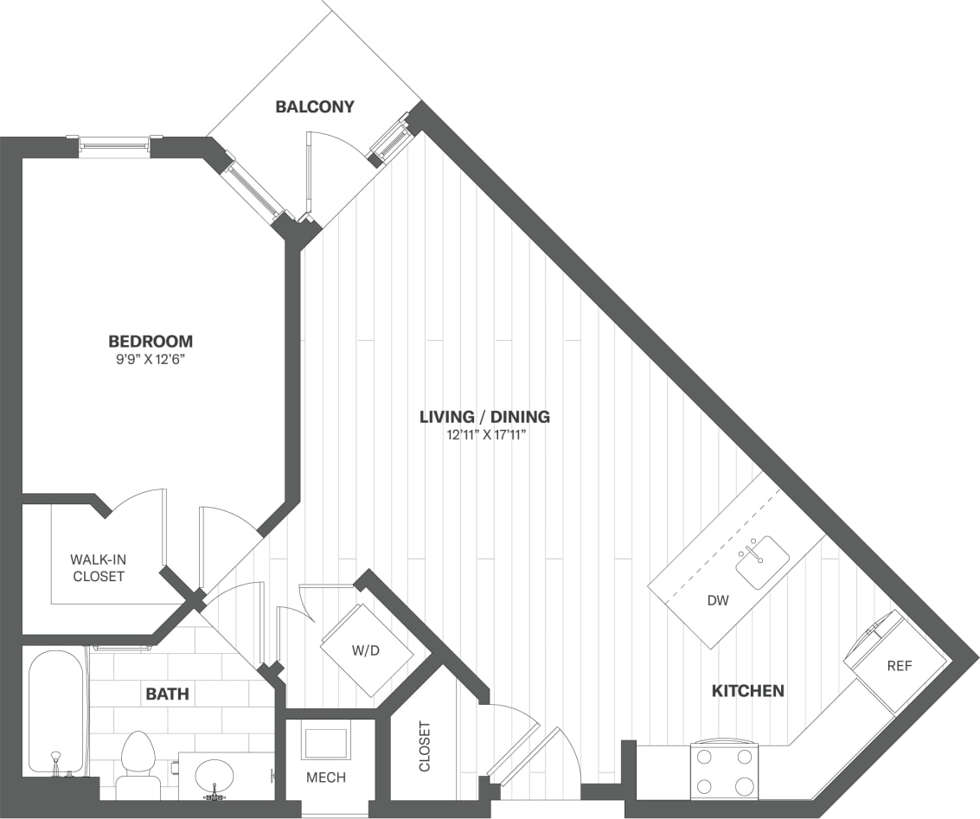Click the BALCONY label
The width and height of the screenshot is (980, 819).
315,107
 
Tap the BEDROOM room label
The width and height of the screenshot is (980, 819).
151,341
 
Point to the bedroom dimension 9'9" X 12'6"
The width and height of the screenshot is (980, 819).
151,359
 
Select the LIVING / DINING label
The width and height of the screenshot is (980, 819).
484,417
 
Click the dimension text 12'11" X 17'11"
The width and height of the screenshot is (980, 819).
484,435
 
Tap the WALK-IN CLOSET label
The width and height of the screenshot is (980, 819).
98,567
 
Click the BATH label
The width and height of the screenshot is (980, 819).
167,694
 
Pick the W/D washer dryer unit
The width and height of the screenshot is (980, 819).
367,650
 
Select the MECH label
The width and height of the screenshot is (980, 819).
326,777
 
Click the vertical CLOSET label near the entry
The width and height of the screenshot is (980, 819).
424,746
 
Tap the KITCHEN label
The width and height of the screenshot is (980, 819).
747,691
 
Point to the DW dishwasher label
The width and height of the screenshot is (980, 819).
715,599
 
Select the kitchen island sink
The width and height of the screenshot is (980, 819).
762,561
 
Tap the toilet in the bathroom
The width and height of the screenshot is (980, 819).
138,765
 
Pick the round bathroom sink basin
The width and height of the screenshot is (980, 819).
214,775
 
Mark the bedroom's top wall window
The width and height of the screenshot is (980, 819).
114,145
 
